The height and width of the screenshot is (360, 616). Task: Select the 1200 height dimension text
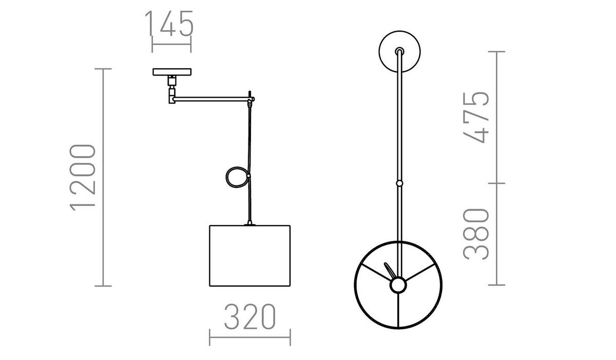pyautogui.click(x=83, y=177)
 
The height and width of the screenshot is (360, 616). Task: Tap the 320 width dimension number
pyautogui.click(x=250, y=317)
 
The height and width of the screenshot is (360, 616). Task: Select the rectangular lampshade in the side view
pyautogui.click(x=250, y=256)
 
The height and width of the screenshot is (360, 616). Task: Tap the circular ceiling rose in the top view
pyautogui.click(x=399, y=51)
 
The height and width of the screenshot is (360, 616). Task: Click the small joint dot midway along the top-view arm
pyautogui.click(x=399, y=183)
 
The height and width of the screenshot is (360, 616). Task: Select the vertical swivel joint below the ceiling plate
pyautogui.click(x=171, y=90)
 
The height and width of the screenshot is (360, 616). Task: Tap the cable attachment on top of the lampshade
pyautogui.click(x=250, y=223)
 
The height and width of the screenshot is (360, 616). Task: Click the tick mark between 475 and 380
pyautogui.click(x=496, y=183)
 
